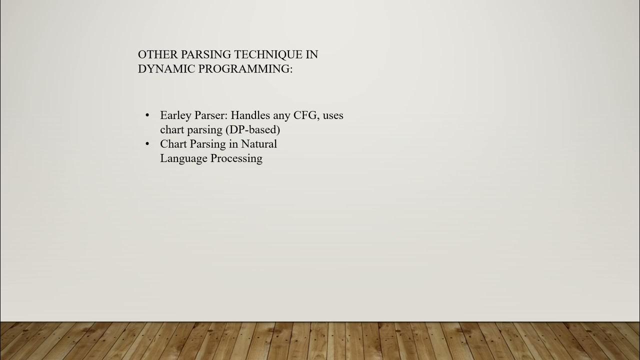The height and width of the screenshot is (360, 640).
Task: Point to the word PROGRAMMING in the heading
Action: (x=245, y=69)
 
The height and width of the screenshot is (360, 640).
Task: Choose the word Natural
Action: (x=259, y=144)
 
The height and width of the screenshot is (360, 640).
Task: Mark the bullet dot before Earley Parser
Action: (x=147, y=115)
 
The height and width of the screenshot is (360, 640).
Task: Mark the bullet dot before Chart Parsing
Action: (x=147, y=144)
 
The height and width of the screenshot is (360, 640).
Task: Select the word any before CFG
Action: (x=283, y=116)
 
